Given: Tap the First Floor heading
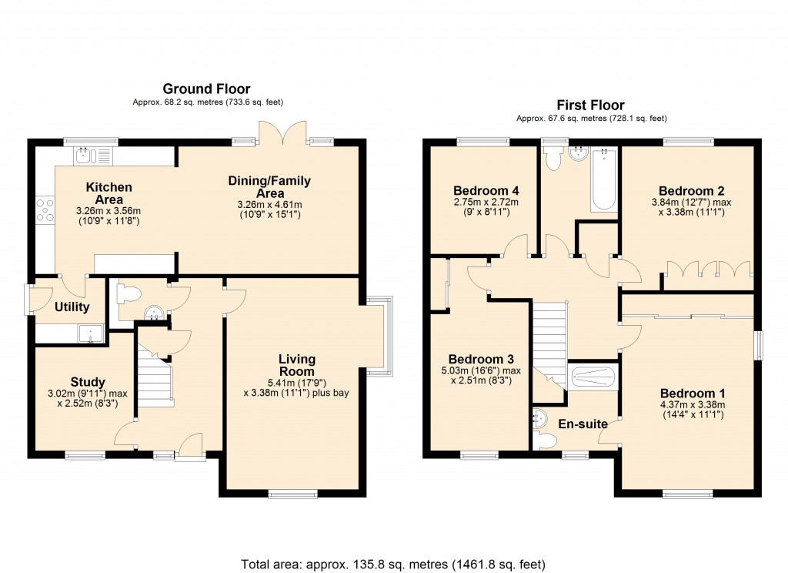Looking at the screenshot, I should coord(590,105).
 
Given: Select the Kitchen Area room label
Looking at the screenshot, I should coord(109,193).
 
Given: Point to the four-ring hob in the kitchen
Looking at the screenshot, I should coord(45,210).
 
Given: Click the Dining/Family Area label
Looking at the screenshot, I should coord(269,187).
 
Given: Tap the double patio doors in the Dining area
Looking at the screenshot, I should coord(282,133).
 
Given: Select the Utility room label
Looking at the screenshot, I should coord(72,307).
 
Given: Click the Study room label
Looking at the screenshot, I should coord(88,382).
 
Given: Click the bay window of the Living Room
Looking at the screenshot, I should coord(381,335).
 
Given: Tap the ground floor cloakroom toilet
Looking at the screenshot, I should coord(127,293).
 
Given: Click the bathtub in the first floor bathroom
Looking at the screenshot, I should coord(603,179).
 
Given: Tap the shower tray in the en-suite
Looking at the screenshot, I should coord(593,377).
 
